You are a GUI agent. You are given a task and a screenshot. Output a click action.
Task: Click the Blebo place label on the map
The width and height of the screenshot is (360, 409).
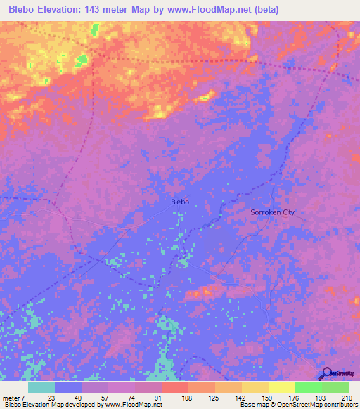(180, 202)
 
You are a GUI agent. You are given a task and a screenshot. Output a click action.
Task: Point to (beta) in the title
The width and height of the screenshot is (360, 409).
(267, 10)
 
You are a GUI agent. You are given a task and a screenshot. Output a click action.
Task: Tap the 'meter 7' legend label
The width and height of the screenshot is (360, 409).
(15, 397)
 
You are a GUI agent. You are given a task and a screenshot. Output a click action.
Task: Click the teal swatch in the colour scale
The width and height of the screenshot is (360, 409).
(41, 387)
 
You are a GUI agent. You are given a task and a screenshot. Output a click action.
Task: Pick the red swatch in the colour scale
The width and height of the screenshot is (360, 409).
(175, 387)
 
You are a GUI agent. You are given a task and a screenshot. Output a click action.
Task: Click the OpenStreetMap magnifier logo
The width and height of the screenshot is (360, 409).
(326, 374)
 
